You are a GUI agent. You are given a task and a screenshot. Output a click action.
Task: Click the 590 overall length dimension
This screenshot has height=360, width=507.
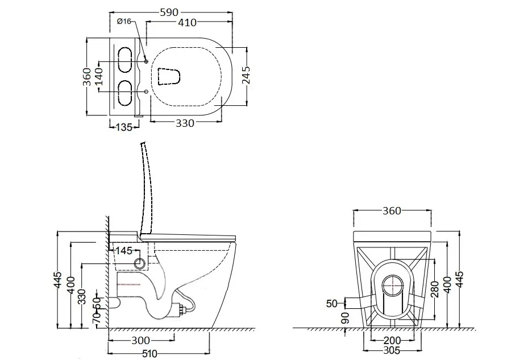pyautogui.click(x=169, y=13)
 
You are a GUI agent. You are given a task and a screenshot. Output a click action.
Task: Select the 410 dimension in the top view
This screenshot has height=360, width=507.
pyautogui.click(x=187, y=22)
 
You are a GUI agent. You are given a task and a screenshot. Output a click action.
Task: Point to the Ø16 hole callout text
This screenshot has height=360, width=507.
pyautogui.click(x=124, y=22)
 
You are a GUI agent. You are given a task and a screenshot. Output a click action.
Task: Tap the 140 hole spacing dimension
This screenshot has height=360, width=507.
pyautogui.click(x=99, y=76)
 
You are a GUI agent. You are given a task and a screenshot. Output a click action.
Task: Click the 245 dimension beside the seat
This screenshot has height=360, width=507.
pyautogui.click(x=246, y=75)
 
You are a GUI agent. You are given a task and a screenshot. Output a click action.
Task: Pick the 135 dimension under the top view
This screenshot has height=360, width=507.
pyautogui.click(x=124, y=127)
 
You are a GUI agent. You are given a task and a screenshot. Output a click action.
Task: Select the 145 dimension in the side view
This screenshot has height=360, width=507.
pyautogui.click(x=124, y=250)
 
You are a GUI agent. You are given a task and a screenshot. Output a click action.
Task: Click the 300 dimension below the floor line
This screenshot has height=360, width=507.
pyautogui.click(x=141, y=340)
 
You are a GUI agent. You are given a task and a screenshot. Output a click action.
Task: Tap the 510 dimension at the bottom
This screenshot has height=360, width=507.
pyautogui.click(x=149, y=354)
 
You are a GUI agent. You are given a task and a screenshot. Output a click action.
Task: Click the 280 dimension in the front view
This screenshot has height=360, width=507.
pyautogui.click(x=435, y=289)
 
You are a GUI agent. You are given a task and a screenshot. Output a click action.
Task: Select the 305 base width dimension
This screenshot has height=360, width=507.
pyautogui.click(x=391, y=350)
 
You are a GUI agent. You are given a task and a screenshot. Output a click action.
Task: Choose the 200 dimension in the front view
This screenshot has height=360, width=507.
pyautogui.click(x=392, y=340)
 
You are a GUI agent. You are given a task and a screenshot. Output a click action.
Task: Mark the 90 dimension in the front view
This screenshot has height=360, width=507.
pyautogui.click(x=346, y=317)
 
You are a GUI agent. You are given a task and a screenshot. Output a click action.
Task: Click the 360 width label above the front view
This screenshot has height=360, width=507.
pyautogui.click(x=392, y=210)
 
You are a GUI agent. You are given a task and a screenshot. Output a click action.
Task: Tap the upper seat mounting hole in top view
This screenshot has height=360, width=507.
pyautogui.click(x=146, y=61)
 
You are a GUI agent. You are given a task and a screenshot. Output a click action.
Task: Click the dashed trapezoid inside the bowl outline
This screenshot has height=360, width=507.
pyautogui.click(x=169, y=77)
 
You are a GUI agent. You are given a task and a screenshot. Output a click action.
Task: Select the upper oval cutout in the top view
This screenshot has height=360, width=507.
pyautogui.click(x=124, y=60)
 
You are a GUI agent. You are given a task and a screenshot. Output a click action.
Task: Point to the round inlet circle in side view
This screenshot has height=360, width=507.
pyautogui.click(x=140, y=263)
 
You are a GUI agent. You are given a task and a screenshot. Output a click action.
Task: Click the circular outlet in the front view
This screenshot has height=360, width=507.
pyautogui.click(x=393, y=285)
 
